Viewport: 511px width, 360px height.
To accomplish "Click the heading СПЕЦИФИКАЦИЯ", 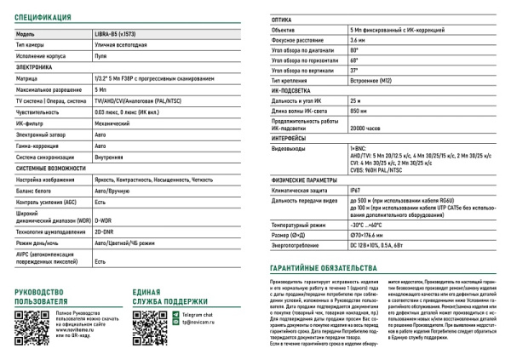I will pos(42,17).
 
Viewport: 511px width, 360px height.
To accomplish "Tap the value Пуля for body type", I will pos(100,54).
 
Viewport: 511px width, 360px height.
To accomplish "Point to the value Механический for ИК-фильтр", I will pos(112,123).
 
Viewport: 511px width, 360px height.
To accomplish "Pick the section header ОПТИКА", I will pos(281,17).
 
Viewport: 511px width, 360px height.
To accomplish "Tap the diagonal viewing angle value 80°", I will pos(353,51).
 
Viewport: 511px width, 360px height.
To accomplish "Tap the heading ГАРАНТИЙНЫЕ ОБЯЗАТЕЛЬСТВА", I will pos(319,267).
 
